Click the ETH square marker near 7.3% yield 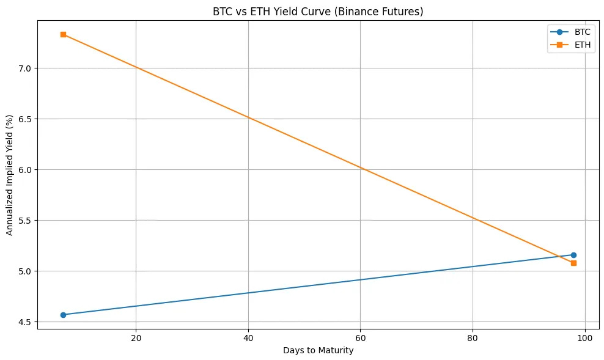[x=63, y=34]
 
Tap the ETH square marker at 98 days [x=573, y=263]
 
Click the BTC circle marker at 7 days [x=63, y=315]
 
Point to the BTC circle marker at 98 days [x=573, y=255]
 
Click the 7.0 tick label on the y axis [x=26, y=68]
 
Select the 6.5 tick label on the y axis [x=26, y=119]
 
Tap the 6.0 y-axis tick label [x=26, y=169]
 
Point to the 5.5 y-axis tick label [x=26, y=220]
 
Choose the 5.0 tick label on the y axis [x=26, y=271]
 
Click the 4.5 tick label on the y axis [x=26, y=321]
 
